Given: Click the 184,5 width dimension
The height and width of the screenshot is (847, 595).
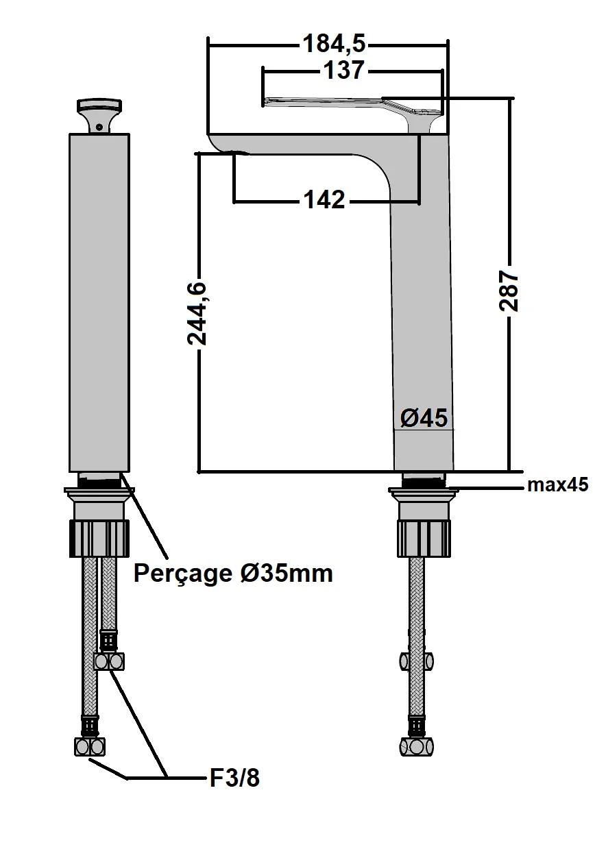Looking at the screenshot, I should [335, 45].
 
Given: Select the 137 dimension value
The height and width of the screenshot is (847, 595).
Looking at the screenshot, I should [343, 70].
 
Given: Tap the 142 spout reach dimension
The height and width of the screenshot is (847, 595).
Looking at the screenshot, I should [325, 200].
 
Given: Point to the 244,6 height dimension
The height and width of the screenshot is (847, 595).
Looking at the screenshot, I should [197, 312].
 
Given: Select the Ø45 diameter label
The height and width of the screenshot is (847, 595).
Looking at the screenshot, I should [424, 417].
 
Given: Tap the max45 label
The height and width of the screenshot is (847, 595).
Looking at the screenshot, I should [557, 485].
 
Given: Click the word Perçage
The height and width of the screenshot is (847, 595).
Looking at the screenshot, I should [182, 572].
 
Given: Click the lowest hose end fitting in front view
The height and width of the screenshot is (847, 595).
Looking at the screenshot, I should [90, 746].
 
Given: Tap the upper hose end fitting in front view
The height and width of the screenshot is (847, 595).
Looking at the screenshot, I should [110, 661].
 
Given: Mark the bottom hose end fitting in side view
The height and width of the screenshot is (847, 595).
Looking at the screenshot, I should [417, 746].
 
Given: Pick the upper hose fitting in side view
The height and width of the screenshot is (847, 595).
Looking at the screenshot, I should [417, 661].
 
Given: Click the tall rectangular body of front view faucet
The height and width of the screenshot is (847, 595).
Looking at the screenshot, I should [99, 302].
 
